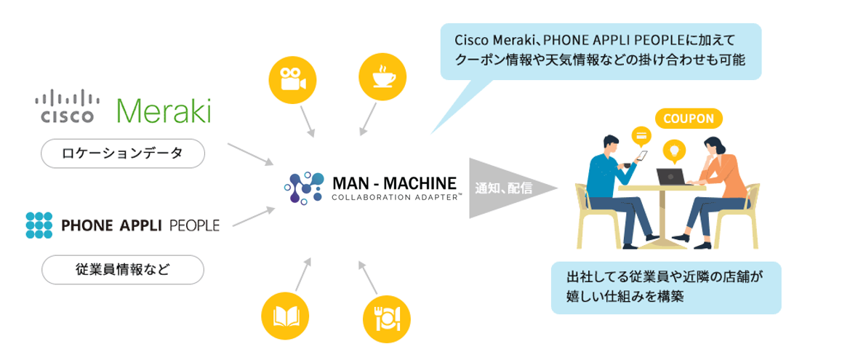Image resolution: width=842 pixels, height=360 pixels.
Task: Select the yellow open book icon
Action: (x=285, y=316)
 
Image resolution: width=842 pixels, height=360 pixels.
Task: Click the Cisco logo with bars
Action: (x=67, y=107)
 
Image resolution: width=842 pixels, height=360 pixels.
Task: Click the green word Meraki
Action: (x=164, y=111)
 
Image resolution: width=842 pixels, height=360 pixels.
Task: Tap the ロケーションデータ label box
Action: (x=123, y=153)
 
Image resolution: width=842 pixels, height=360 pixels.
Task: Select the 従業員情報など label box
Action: (x=123, y=269)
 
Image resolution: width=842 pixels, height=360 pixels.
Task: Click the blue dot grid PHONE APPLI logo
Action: (x=39, y=225)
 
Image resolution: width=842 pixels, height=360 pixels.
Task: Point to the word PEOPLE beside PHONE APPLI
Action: (x=194, y=225)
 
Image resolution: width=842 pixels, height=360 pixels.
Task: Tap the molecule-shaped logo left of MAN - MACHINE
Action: (x=304, y=187)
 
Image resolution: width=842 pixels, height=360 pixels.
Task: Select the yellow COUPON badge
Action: (x=689, y=118)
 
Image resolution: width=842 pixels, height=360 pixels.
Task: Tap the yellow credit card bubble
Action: (x=641, y=135)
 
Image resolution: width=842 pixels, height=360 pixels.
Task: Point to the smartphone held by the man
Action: (x=643, y=155)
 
